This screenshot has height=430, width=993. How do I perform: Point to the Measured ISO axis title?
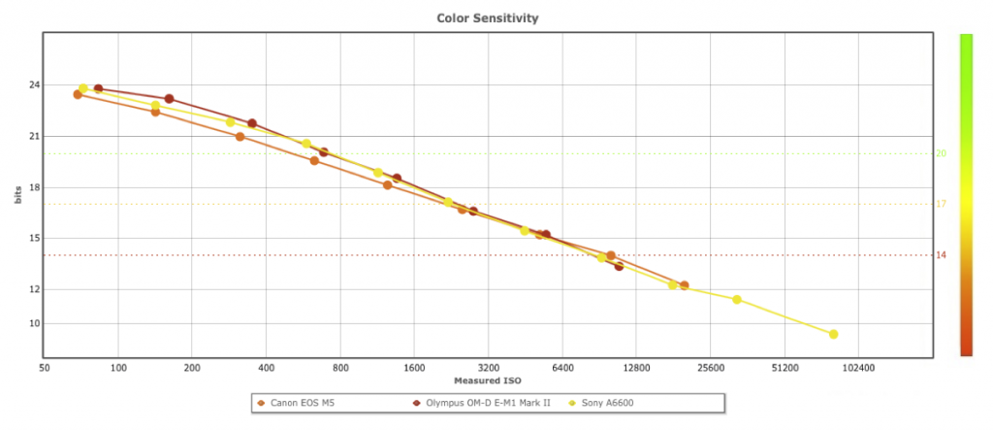coord(488,380)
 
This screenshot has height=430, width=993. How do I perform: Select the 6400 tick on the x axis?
coord(561,369)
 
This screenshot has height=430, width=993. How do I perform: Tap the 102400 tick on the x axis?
coord(858,369)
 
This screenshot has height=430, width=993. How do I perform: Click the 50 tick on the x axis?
coord(44,369)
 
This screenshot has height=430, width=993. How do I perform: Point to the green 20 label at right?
coord(941,153)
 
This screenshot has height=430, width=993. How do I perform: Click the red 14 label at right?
coord(941,255)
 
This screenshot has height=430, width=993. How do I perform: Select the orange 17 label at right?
coord(941,204)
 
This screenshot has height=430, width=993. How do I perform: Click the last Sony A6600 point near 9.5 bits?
coord(833,334)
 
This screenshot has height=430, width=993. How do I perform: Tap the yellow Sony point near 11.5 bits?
coord(737,299)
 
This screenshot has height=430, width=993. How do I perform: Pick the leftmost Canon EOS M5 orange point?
coord(78,94)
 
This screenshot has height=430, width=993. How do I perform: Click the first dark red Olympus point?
coord(98,89)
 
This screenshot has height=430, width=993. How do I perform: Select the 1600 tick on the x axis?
coord(414,369)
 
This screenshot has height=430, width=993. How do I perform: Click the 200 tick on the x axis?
coord(192,369)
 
